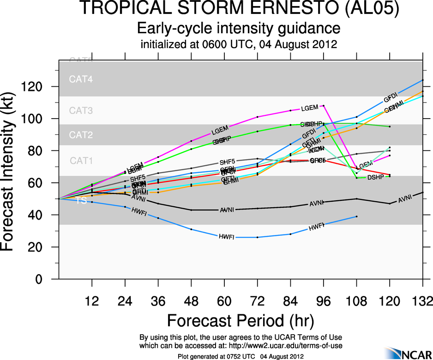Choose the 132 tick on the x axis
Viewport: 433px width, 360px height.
click(x=422, y=302)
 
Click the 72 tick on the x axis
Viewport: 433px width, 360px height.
click(x=257, y=302)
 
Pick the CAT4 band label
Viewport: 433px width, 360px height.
click(x=81, y=79)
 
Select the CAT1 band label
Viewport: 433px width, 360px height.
click(x=81, y=161)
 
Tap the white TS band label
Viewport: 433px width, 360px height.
click(x=81, y=201)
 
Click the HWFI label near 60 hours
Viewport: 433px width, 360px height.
click(x=227, y=237)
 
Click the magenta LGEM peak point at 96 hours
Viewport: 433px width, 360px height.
click(x=324, y=106)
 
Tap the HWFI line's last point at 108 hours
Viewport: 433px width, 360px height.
click(x=356, y=216)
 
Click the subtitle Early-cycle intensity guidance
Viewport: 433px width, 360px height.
click(x=239, y=29)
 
